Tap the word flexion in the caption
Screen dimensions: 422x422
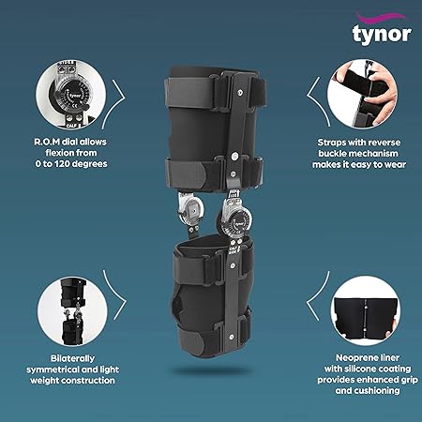(69, 151)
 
